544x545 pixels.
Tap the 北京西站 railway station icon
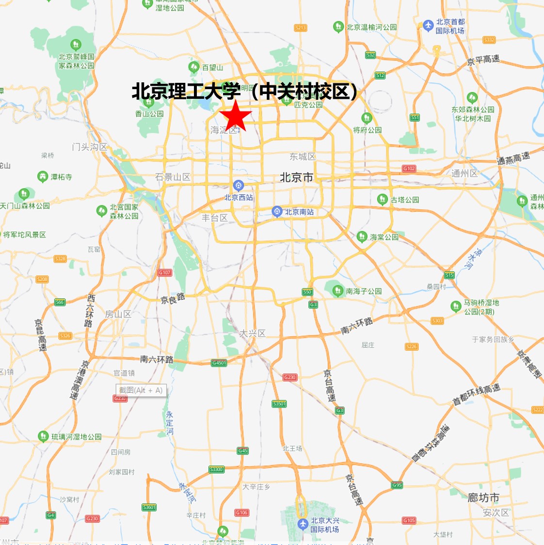[x=238, y=186]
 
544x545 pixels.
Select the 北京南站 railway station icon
[x=277, y=211]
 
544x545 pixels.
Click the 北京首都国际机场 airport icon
[x=428, y=26]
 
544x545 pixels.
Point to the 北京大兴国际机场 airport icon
[x=303, y=524]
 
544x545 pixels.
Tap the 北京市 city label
[x=296, y=177]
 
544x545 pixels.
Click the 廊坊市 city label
[x=483, y=498]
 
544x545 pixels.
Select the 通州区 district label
[x=464, y=173]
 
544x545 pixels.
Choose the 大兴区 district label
[x=252, y=333]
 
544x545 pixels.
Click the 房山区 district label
[x=118, y=314]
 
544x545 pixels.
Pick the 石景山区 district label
[x=173, y=177]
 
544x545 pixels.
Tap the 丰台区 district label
[x=215, y=218]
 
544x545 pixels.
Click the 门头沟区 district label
[x=90, y=146]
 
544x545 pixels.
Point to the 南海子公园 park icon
[x=338, y=291]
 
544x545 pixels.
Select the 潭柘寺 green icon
[x=43, y=176]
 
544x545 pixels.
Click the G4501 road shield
[x=219, y=363]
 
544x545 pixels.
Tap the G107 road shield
[x=165, y=273]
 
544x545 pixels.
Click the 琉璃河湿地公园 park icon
[x=43, y=436]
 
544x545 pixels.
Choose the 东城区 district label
[x=303, y=156]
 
